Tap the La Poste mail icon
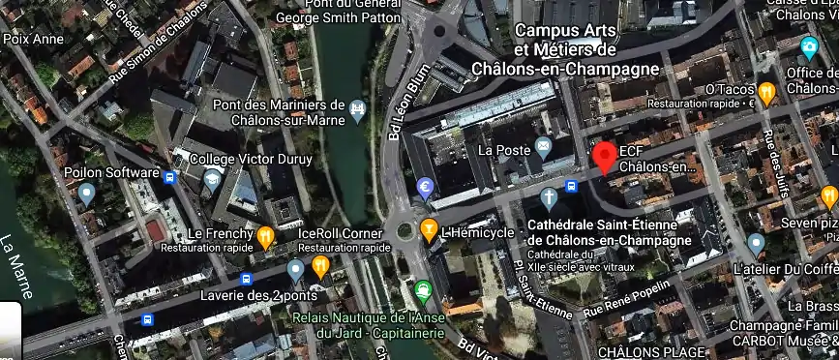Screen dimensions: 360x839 [x=543, y=149]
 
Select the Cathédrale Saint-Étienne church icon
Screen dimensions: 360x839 [x=549, y=199]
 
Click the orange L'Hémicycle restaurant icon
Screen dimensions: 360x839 [x=430, y=230]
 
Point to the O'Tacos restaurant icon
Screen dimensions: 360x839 [x=767, y=92]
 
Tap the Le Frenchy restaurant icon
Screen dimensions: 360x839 [x=265, y=235]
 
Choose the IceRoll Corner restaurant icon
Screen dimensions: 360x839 [x=320, y=265]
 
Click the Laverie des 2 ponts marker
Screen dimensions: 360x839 [x=295, y=269]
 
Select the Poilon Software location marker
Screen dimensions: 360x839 [x=86, y=194]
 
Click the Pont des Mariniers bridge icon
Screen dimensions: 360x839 [x=360, y=108]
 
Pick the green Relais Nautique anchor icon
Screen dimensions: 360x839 [x=423, y=288]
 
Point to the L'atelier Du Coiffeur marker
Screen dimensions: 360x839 [x=757, y=242]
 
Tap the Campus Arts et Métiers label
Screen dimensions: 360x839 [x=565, y=49]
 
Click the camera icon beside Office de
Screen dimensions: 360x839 [x=809, y=46]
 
